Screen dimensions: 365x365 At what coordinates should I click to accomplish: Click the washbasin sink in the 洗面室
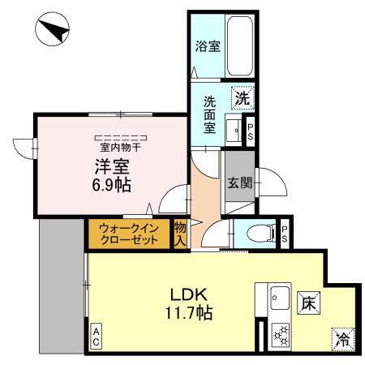coord(235,130)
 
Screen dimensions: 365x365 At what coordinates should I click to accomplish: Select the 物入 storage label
coord(181,234)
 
